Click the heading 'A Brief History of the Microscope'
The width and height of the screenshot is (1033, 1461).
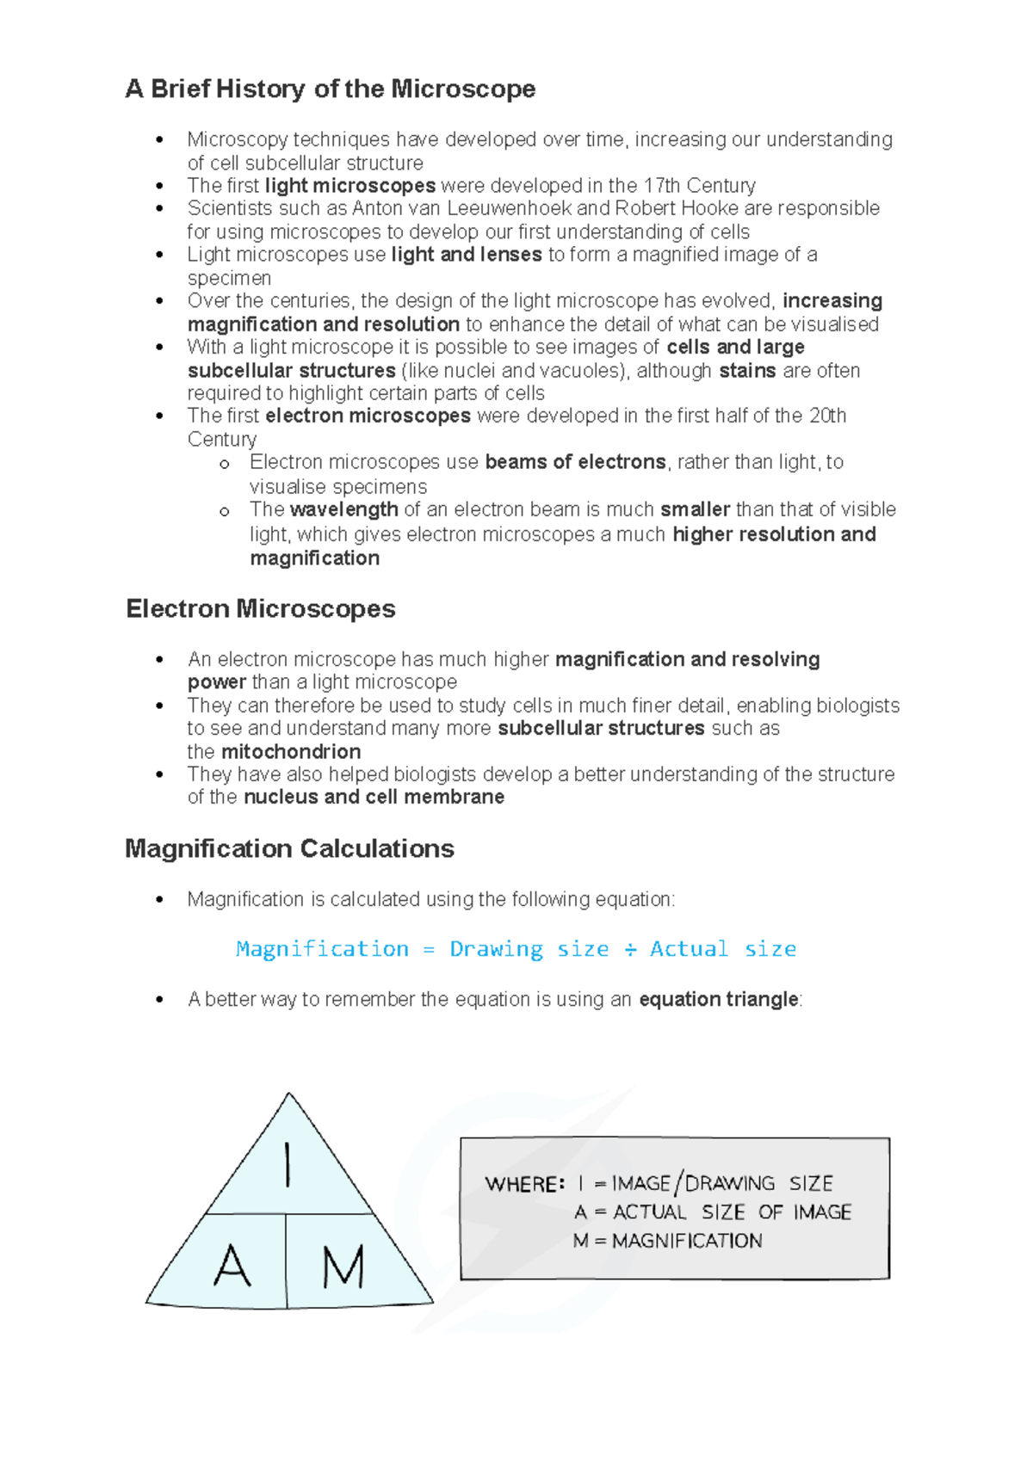331,89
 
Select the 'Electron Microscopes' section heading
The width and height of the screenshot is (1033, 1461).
260,608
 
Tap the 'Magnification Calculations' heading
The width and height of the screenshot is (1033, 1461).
289,848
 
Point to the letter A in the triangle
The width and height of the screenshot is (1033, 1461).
232,1267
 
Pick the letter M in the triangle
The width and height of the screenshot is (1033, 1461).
343,1267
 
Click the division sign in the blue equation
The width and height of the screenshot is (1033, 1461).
630,949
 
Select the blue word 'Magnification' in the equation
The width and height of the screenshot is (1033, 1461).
322,949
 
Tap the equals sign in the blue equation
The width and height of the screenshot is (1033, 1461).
429,949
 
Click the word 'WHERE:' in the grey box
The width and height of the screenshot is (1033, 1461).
524,1184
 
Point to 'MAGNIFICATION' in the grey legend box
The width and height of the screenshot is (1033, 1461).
687,1241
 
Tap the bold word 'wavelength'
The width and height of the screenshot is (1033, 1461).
343,509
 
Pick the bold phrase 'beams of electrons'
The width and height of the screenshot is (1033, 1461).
575,462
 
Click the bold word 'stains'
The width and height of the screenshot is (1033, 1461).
747,371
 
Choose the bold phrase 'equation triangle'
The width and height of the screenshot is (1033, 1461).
718,999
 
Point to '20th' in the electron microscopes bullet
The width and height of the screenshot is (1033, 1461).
827,416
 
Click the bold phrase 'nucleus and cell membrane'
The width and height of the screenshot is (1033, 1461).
374,797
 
